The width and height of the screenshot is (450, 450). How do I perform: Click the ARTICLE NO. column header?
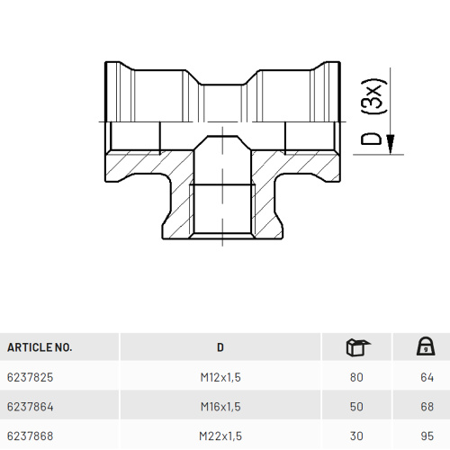[40, 347]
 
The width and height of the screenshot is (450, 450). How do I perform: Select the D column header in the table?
[220, 347]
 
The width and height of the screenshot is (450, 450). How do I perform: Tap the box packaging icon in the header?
[358, 347]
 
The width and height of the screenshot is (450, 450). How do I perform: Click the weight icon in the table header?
[426, 346]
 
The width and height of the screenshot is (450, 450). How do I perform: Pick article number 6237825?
[30, 377]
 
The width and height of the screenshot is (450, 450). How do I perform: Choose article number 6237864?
[30, 407]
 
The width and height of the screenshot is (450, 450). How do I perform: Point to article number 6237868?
[30, 436]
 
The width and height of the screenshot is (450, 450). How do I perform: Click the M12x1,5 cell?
[220, 377]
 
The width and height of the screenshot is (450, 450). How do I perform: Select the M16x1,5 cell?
[220, 407]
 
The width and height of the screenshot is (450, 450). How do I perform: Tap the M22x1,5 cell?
[220, 436]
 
